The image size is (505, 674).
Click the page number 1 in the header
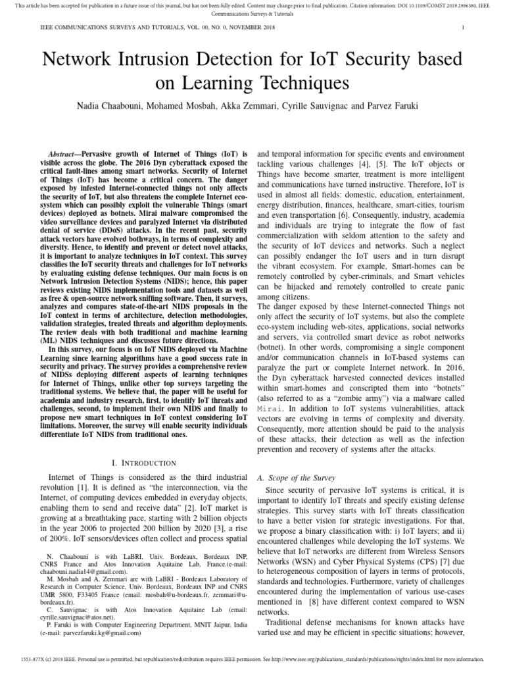pos(464,28)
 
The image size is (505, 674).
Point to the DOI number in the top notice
pos(414,6)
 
